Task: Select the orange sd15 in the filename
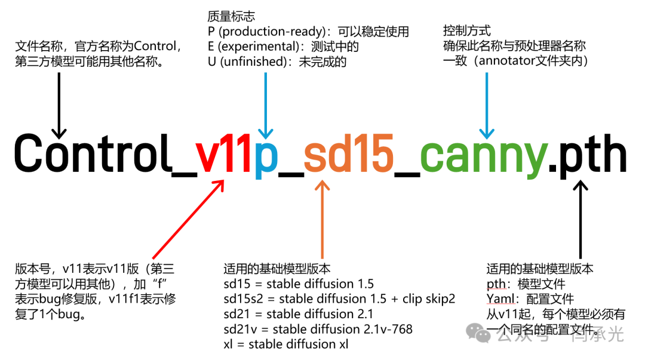click(348, 155)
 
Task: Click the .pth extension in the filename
click(588, 155)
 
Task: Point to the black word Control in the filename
click(91, 153)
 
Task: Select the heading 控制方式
click(466, 30)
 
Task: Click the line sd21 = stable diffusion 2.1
click(298, 314)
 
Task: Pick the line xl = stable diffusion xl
click(285, 344)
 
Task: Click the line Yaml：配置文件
click(530, 299)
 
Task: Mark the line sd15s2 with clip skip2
click(339, 299)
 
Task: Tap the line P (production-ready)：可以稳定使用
click(308, 32)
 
